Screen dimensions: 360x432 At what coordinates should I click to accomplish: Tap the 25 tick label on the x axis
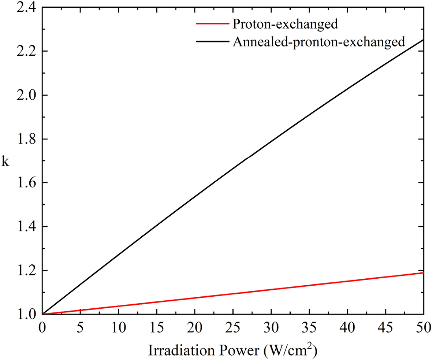point(233,327)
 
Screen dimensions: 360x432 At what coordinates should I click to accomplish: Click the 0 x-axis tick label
point(42,327)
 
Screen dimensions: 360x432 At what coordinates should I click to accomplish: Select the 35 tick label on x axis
point(309,327)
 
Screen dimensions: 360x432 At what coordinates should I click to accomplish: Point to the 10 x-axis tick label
point(119,327)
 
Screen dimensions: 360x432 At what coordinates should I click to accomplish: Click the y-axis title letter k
point(5,162)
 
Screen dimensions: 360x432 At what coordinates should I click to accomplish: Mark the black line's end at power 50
point(423,40)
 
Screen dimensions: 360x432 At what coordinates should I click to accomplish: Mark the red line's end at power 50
point(423,272)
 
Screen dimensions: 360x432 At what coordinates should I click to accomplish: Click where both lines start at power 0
point(42,314)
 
